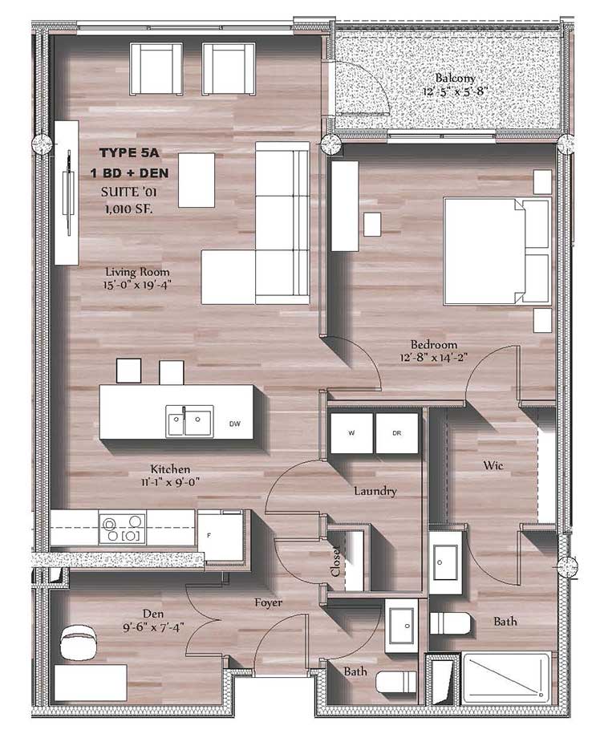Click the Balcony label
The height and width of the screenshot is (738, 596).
[x=456, y=78]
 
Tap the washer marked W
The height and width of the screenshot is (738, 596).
[x=351, y=434]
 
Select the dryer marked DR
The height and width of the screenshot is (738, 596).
[x=396, y=434]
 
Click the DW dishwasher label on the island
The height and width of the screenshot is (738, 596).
[x=234, y=423]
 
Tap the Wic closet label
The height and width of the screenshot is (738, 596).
[x=493, y=464]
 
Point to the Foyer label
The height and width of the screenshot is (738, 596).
[x=268, y=602]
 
